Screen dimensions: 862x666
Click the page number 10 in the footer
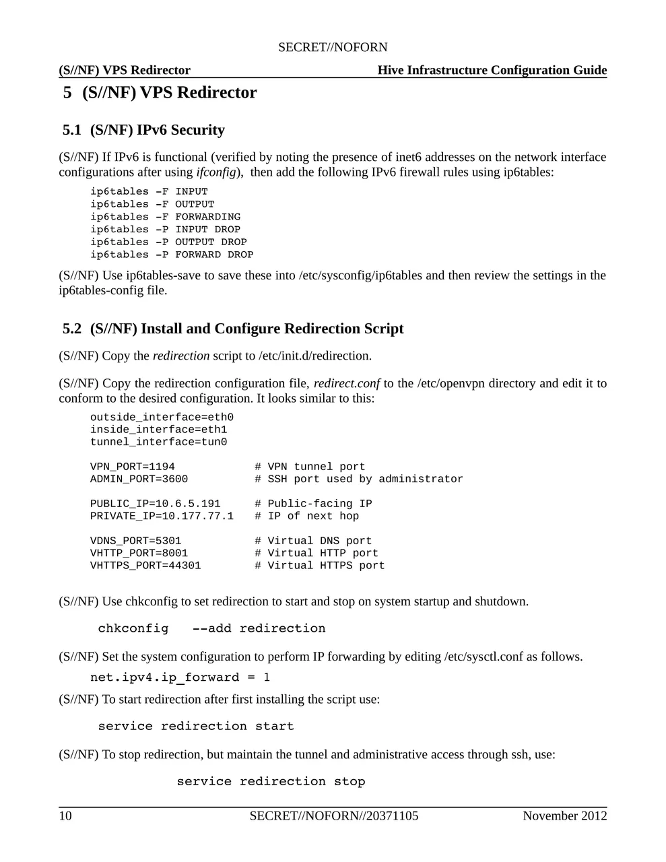click(x=65, y=816)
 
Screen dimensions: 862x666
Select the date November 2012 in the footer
click(x=564, y=816)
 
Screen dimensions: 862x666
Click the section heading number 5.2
click(x=72, y=329)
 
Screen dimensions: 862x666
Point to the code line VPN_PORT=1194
click(x=133, y=467)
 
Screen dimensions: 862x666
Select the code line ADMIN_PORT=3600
click(x=139, y=479)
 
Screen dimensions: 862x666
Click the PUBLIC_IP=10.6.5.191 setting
click(x=156, y=504)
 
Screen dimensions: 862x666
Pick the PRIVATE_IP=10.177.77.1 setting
click(x=162, y=517)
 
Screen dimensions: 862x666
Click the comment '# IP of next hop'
click(x=306, y=517)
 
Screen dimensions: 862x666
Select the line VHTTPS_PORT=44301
click(x=145, y=566)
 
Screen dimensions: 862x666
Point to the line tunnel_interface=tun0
click(x=158, y=442)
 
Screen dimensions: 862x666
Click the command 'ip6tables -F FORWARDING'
click(x=166, y=217)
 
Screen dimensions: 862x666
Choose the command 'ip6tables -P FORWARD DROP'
click(x=172, y=255)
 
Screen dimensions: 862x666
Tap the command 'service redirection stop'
click(x=271, y=781)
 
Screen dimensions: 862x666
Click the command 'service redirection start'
click(x=196, y=726)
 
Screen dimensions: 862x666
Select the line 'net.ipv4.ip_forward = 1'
click(x=180, y=677)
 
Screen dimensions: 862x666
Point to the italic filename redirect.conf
click(x=347, y=384)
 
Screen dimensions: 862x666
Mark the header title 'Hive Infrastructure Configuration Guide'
click(x=492, y=70)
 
